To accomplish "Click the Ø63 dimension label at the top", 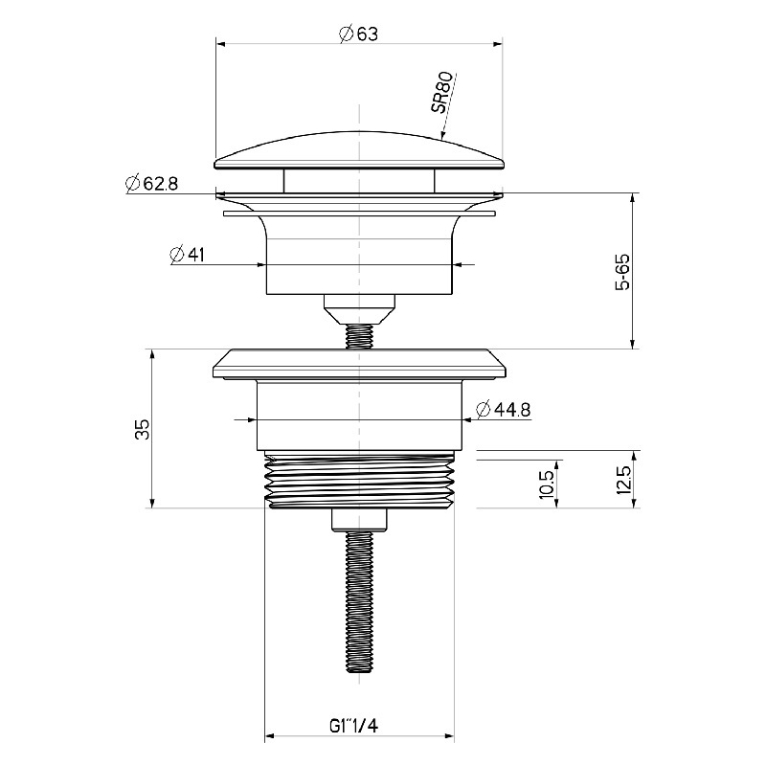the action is pos(358,34).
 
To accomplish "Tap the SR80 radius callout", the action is pos(443,93).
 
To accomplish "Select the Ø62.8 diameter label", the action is pos(151,183).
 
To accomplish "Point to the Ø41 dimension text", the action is pos(187,255).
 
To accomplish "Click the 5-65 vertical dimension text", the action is pos(623,272).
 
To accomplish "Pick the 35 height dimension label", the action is pos(143,429).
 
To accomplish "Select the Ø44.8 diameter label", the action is pos(504,410).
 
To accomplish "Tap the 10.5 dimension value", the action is pos(547,484).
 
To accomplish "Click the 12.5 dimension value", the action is pos(624,480).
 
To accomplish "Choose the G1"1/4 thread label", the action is pos(353,726).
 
